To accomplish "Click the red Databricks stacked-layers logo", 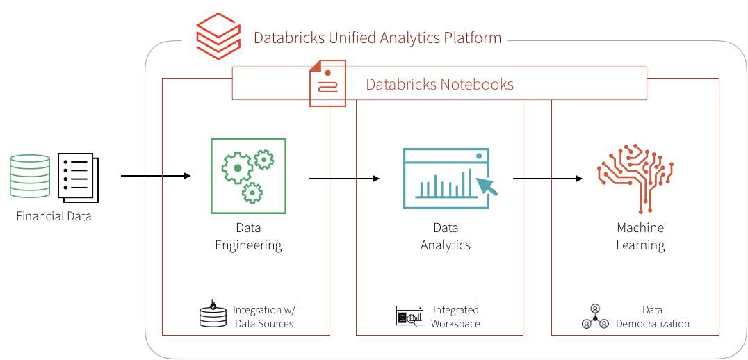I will [216, 37].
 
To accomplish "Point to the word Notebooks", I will [477, 85].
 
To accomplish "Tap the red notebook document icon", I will [327, 83].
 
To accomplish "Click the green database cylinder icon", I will [30, 176].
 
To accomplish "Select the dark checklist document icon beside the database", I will [78, 177].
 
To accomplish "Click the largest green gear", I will [237, 168].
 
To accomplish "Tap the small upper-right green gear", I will [264, 161].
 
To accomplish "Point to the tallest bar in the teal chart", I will [470, 182].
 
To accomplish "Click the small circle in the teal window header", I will [479, 156].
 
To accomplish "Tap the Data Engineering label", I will [248, 236].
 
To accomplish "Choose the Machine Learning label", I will [640, 236].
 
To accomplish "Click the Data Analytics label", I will [446, 236].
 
